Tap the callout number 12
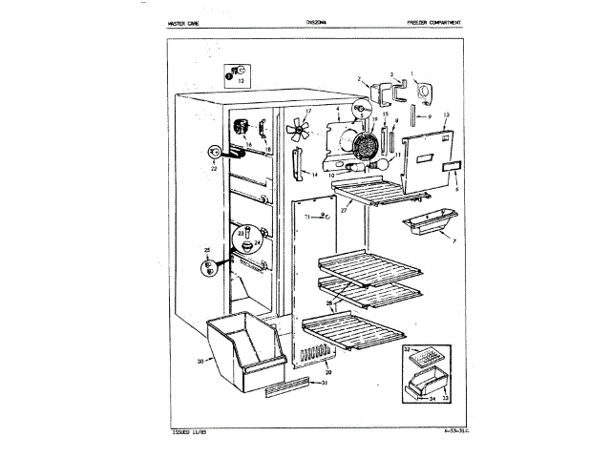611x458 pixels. (x=241, y=82)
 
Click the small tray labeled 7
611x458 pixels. (x=430, y=228)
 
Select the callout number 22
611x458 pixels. (x=213, y=168)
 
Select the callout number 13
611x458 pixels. (x=446, y=114)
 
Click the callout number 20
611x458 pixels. (x=327, y=372)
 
